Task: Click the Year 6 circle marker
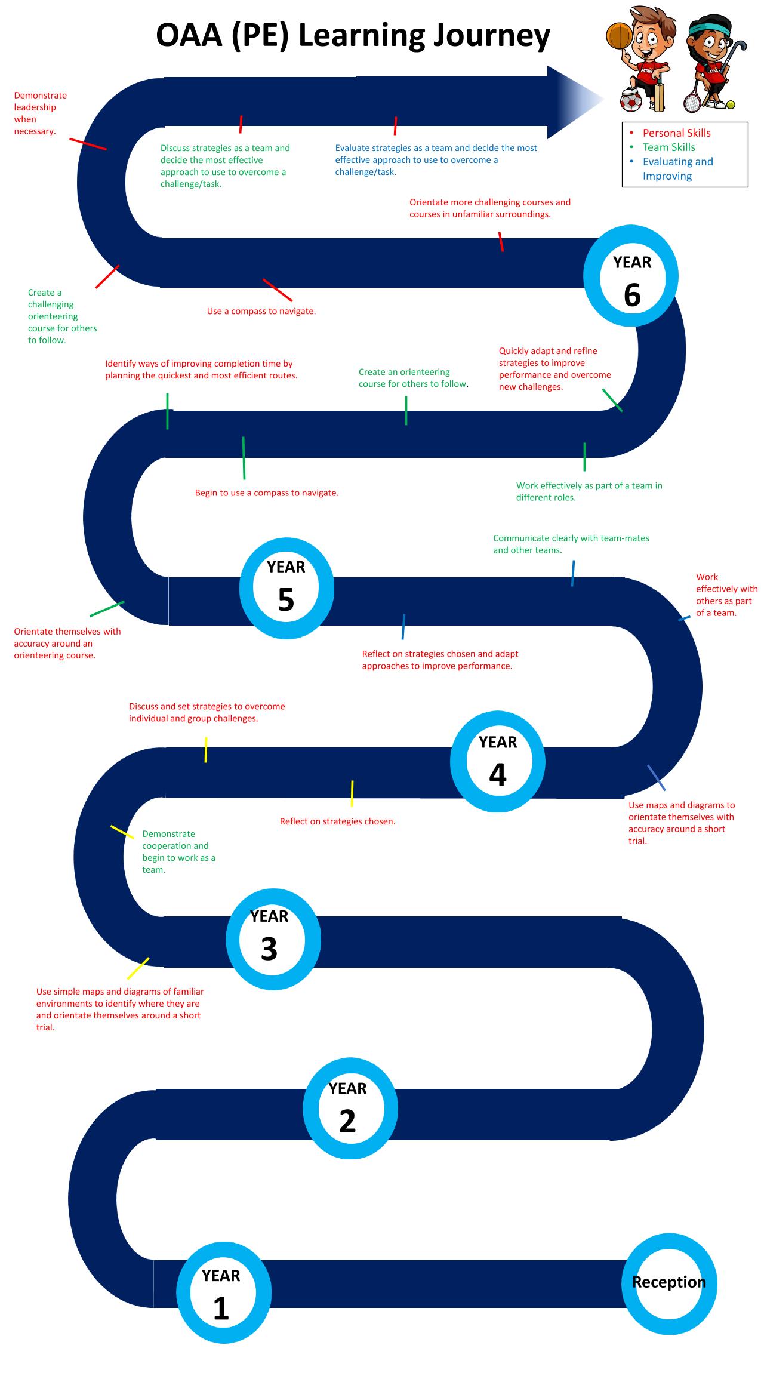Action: pos(631,233)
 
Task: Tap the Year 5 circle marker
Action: pos(286,546)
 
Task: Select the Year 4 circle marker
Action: pos(498,719)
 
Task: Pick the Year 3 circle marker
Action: pos(273,897)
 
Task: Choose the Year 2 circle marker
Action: pos(350,1066)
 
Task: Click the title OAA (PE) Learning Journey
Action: pos(353,36)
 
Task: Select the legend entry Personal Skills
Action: pos(676,133)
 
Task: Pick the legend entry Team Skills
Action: pos(668,147)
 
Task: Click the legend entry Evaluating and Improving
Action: pos(677,169)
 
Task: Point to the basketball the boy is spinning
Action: pos(619,36)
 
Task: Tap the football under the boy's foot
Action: pos(631,101)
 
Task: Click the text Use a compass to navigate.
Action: pos(261,311)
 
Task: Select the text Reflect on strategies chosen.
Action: pos(338,821)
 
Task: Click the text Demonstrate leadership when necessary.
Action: pos(41,113)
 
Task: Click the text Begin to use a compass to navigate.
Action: pos(267,493)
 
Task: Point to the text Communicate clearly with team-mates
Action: pos(571,538)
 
